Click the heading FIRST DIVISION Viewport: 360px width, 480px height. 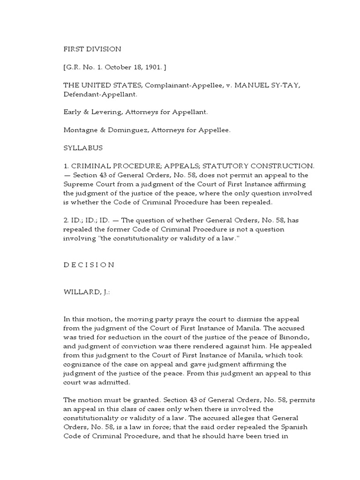point(92,49)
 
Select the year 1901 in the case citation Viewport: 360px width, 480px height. point(150,67)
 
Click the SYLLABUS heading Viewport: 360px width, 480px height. point(83,148)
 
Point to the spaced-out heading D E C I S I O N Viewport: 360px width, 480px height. point(89,264)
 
